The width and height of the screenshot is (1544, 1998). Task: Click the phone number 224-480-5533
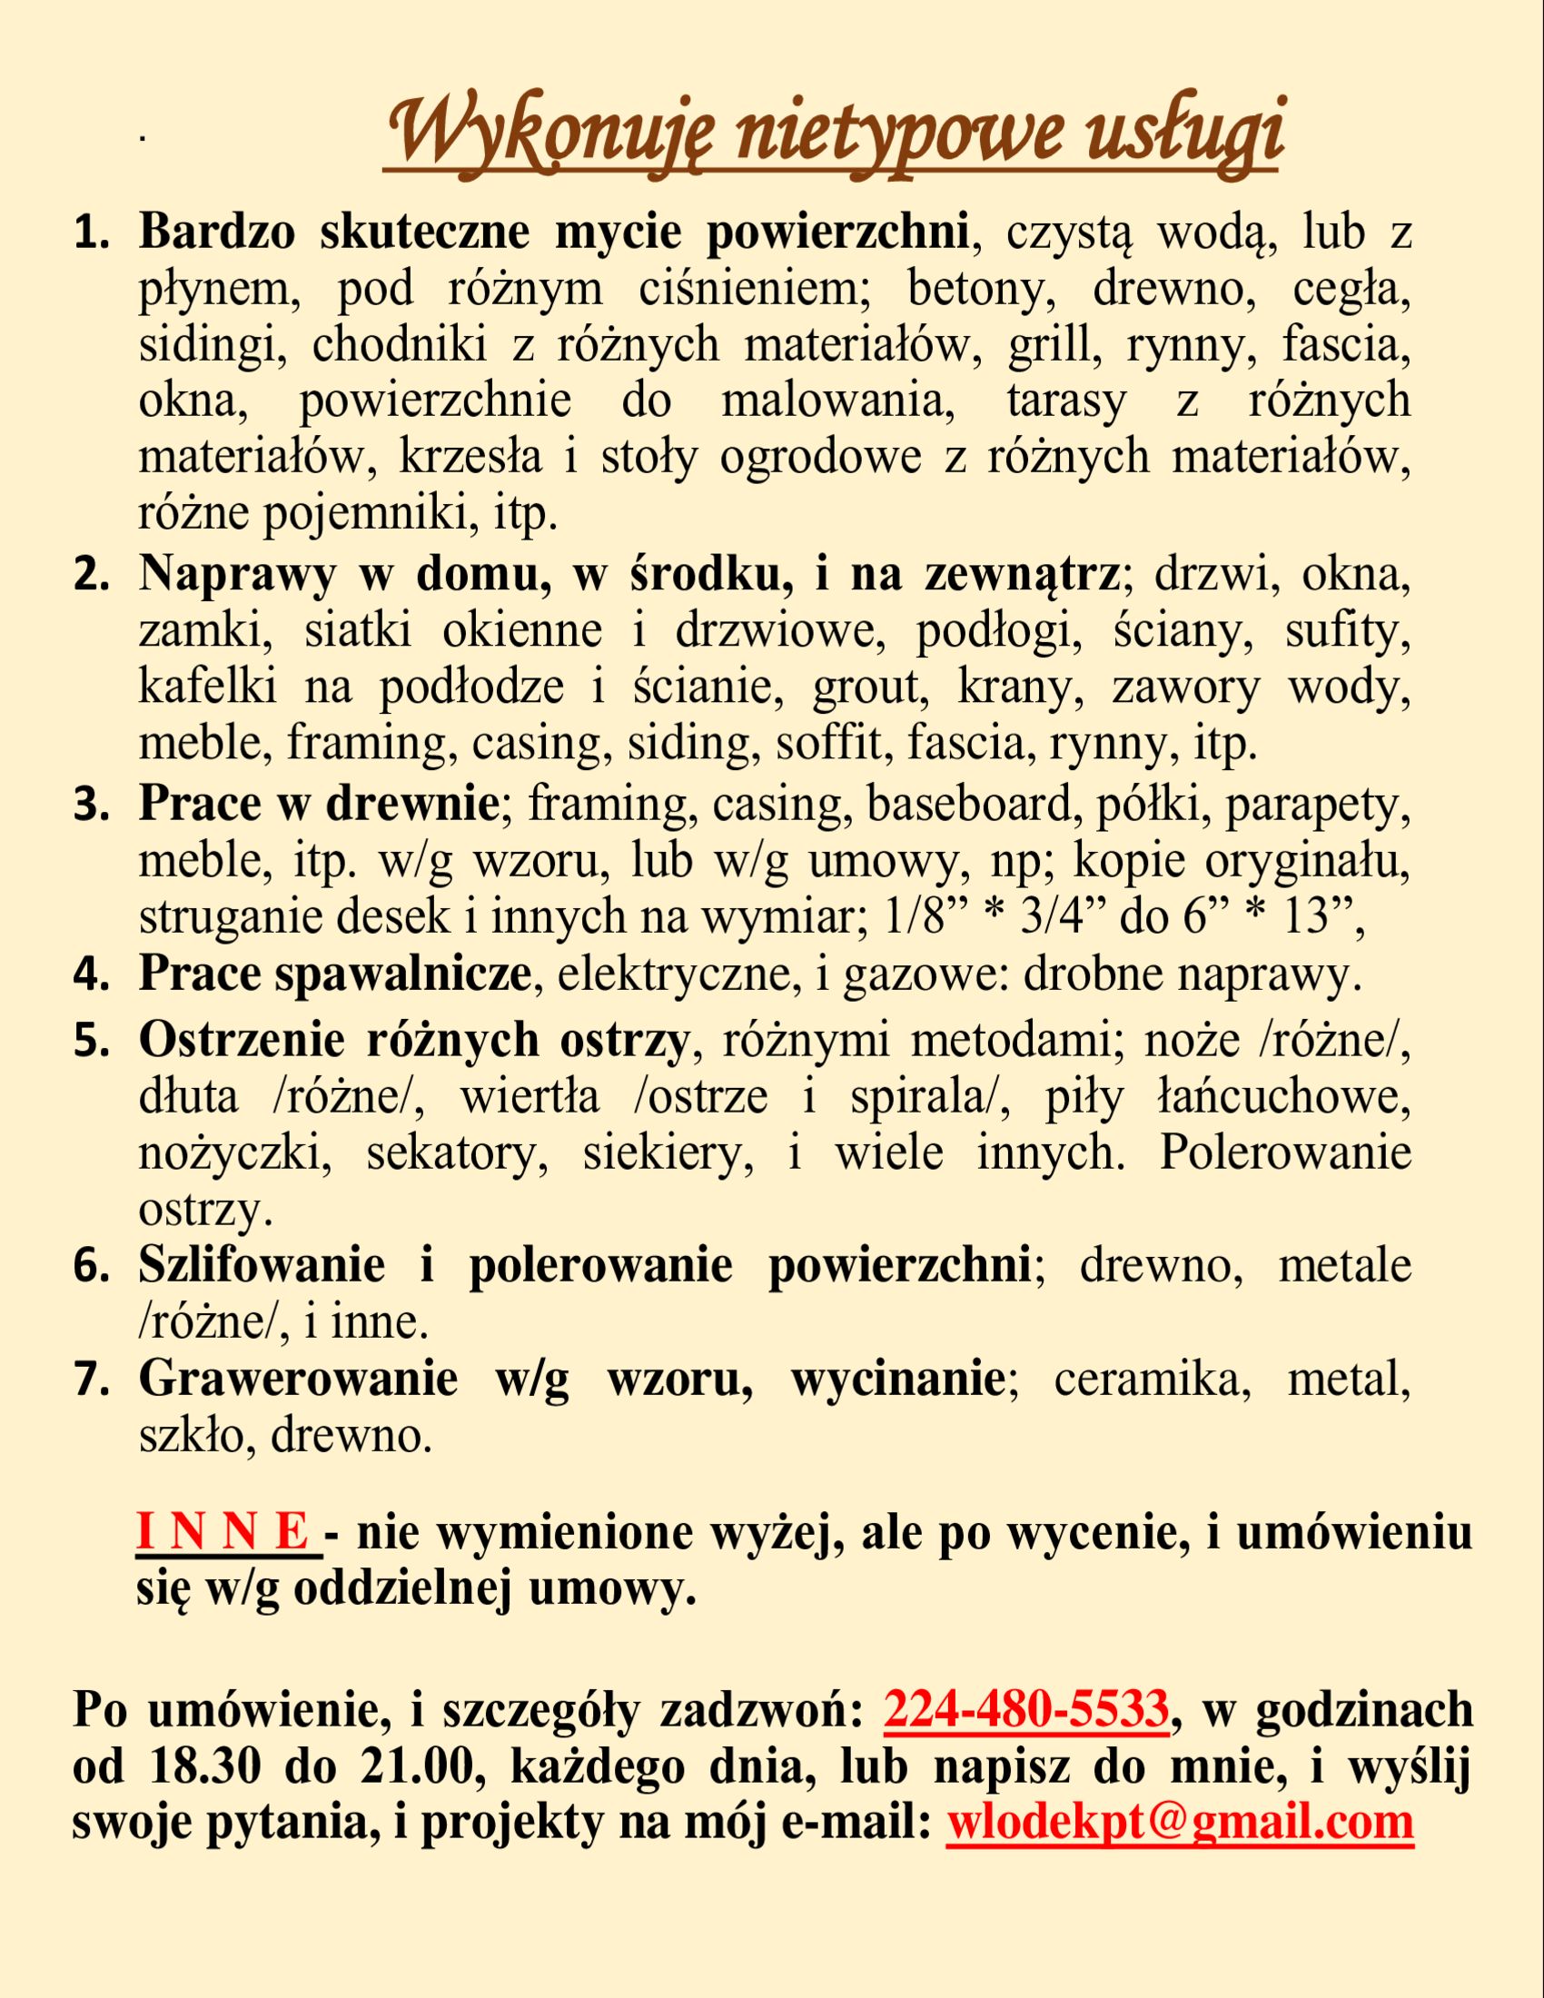(x=1026, y=1708)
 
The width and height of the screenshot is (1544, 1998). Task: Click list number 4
(x=90, y=977)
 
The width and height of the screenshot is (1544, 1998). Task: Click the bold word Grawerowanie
(x=297, y=1380)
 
